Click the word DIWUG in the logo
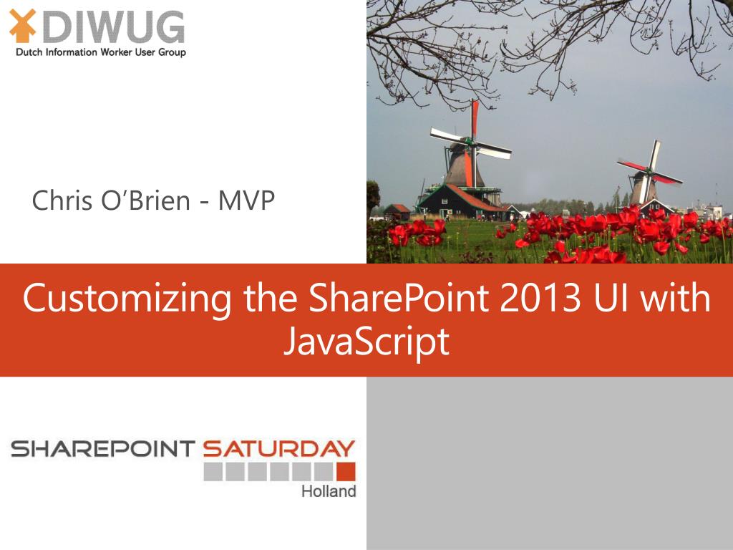point(118,28)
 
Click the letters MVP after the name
point(246,201)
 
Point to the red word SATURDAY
point(278,449)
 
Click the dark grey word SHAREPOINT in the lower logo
point(102,449)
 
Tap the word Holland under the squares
point(329,492)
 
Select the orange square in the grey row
point(346,471)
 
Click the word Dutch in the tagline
point(29,52)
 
